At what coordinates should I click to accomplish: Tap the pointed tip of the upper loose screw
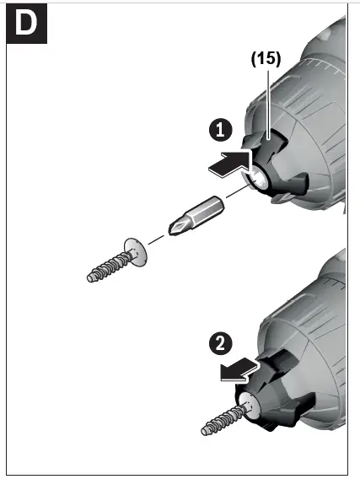(x=90, y=277)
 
